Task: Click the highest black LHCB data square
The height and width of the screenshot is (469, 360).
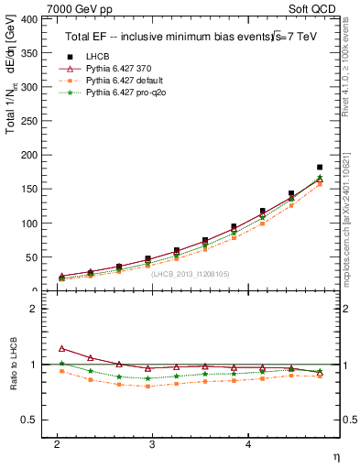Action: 320,168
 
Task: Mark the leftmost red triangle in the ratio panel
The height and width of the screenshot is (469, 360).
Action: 61,349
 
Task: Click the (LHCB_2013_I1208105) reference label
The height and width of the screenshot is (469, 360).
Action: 190,273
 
